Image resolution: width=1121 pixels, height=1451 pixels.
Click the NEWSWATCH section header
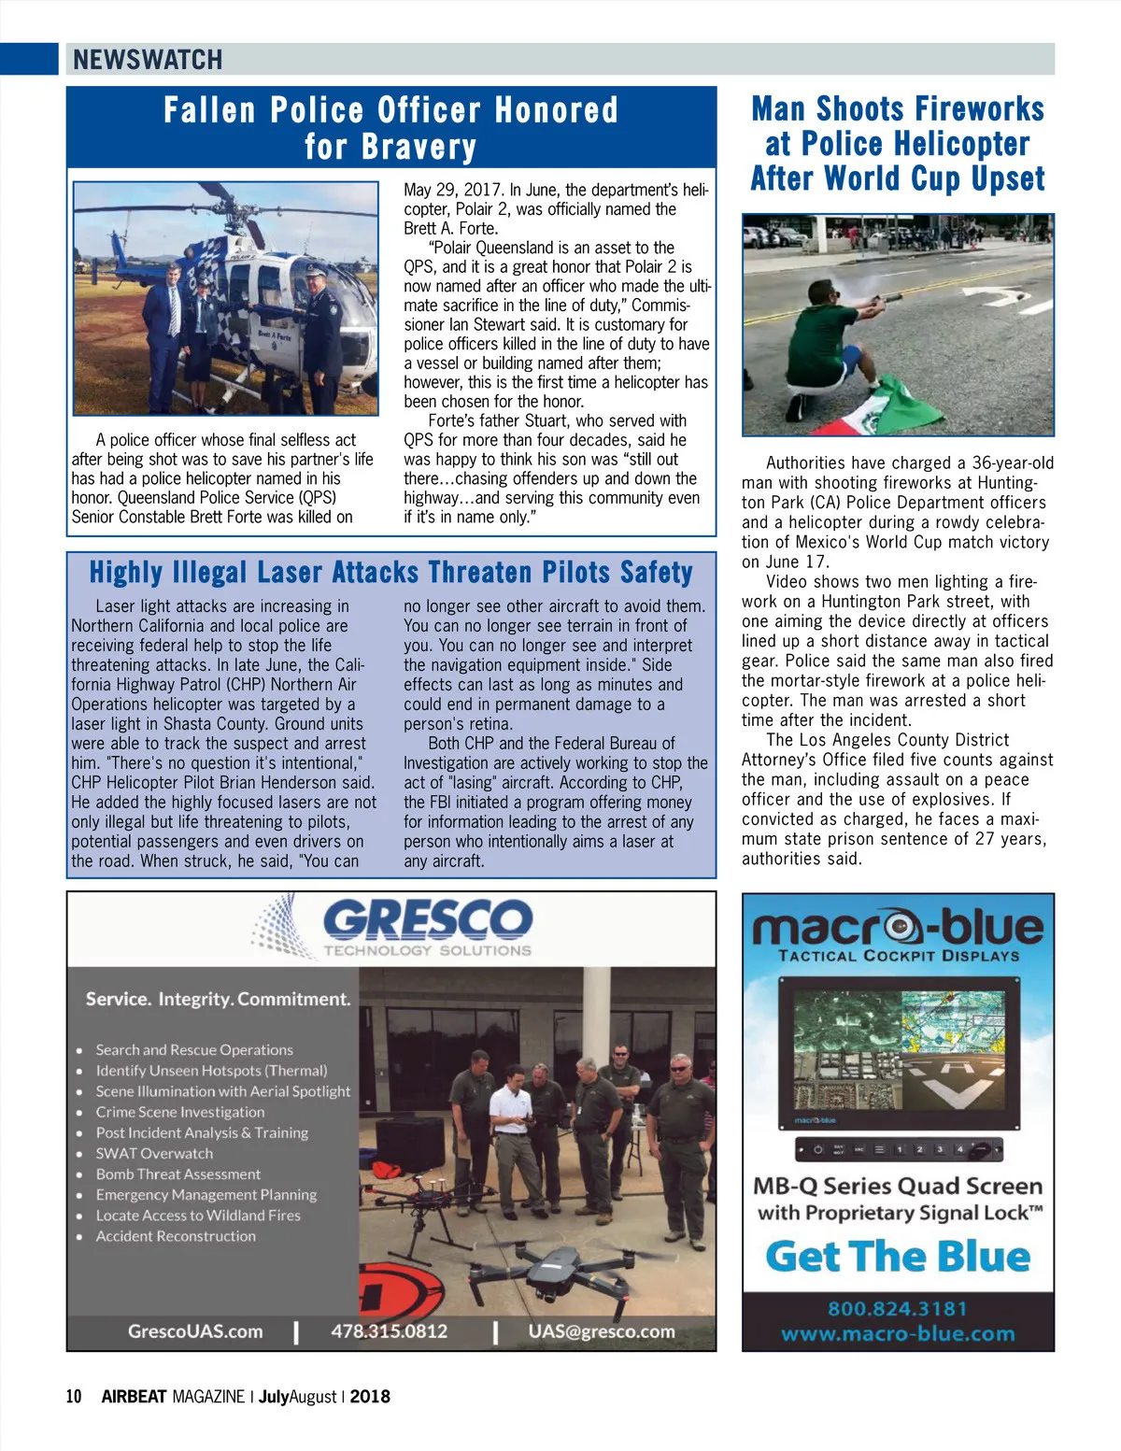point(148,60)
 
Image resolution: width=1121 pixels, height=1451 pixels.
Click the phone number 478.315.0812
point(390,1330)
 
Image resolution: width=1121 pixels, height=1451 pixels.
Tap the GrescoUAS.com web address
point(195,1330)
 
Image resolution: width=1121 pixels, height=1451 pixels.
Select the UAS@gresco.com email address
point(601,1330)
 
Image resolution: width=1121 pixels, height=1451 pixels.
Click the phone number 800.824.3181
point(897,1308)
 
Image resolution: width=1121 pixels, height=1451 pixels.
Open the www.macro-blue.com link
point(897,1333)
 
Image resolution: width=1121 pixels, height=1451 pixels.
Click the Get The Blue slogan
point(897,1257)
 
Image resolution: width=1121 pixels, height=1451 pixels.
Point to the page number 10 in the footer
point(74,1397)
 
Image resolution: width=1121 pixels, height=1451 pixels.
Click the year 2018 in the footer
point(370,1397)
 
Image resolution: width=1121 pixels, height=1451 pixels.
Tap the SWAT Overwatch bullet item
point(154,1153)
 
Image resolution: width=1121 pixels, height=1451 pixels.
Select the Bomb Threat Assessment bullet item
point(177,1174)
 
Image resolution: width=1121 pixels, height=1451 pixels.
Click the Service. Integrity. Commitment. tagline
point(218,999)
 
